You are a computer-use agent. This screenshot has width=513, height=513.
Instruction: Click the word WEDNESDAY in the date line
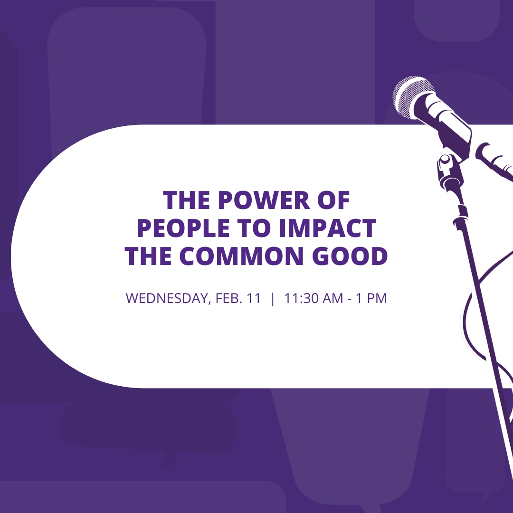pyautogui.click(x=166, y=299)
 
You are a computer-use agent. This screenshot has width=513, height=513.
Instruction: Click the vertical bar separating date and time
pyautogui.click(x=272, y=299)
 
